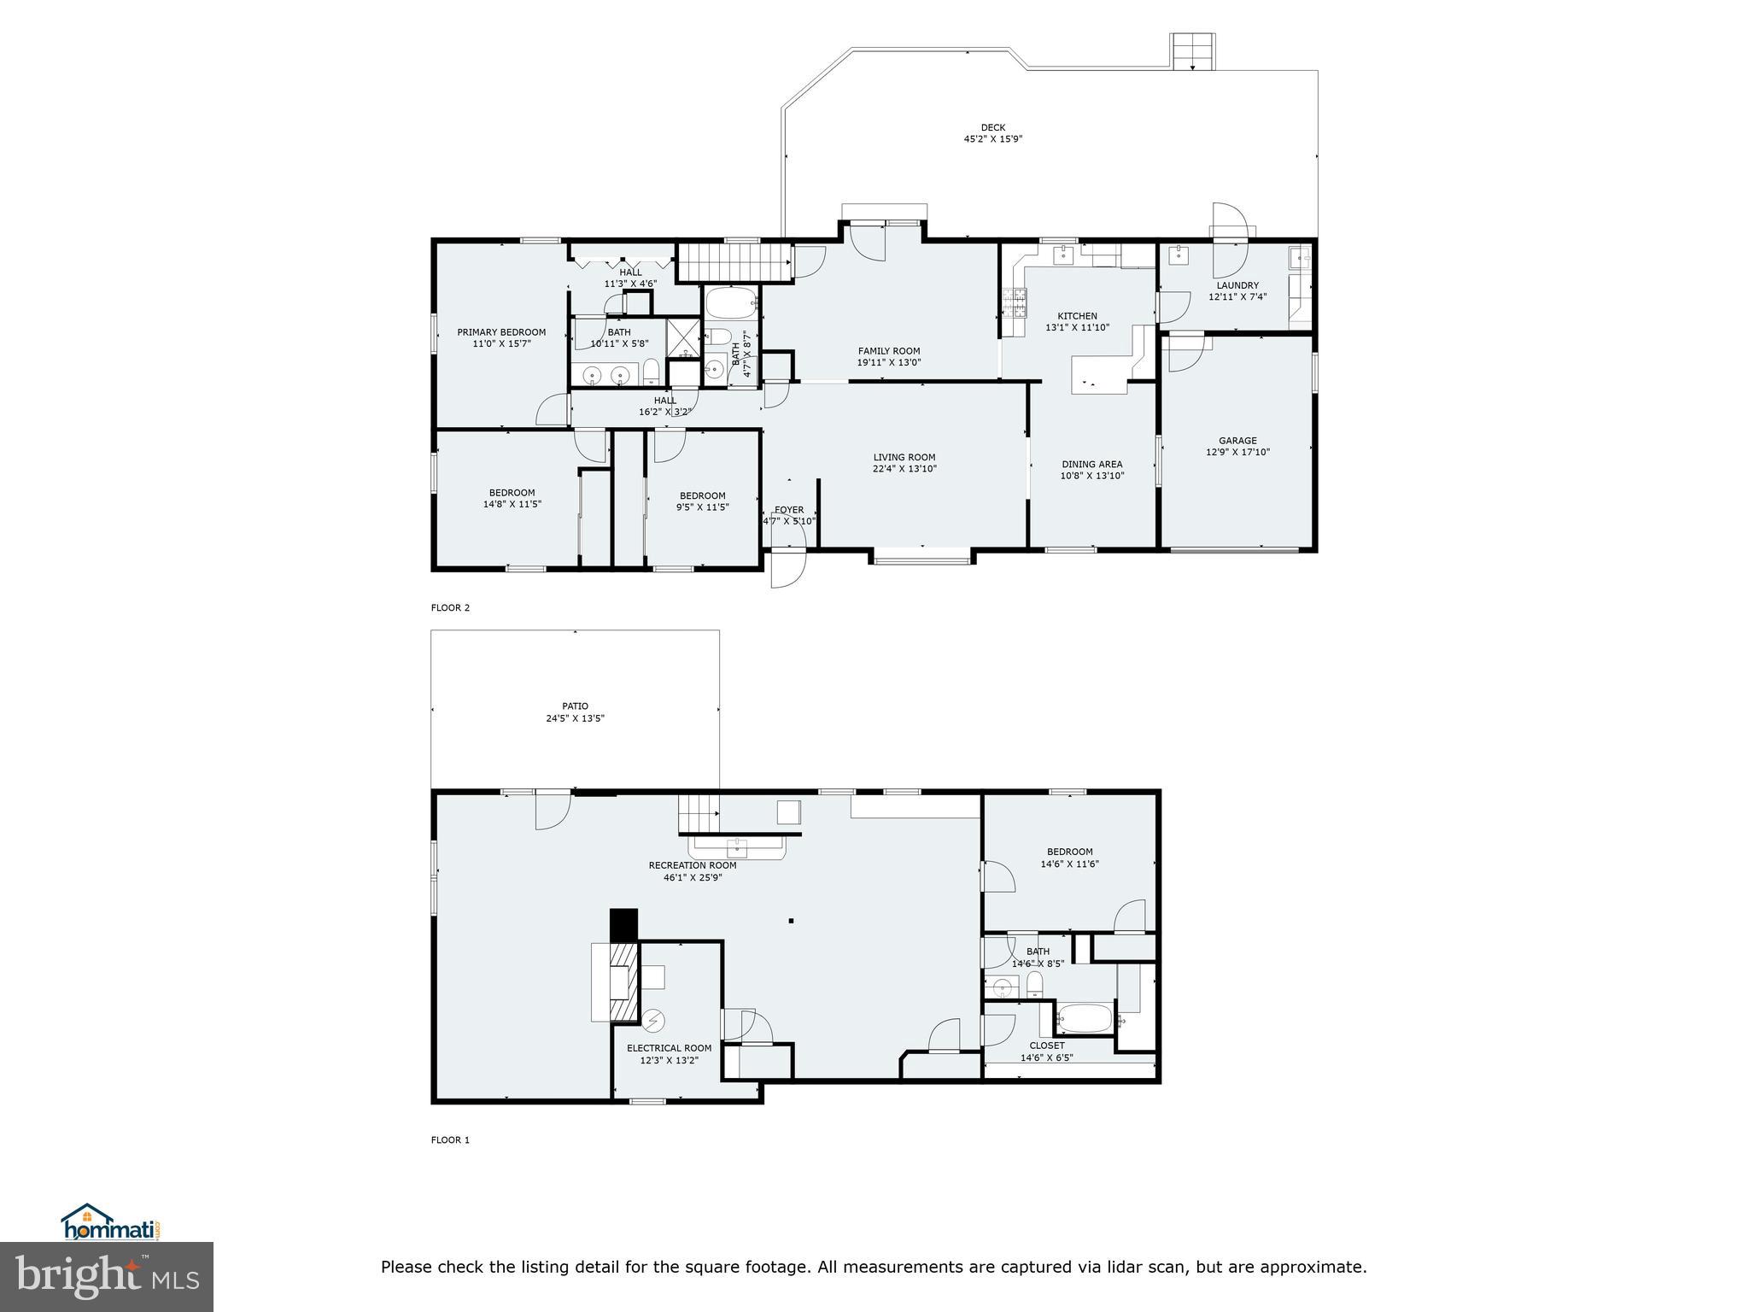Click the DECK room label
coord(992,127)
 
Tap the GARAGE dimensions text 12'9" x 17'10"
coord(1237,453)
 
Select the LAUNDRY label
coord(1237,285)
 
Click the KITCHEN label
coord(1077,316)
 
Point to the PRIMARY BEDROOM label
coord(501,332)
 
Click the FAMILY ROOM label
coord(889,351)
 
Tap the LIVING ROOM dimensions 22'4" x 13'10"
coord(904,469)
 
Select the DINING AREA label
coord(1092,465)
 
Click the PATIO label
coord(575,706)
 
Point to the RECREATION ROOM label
coord(693,865)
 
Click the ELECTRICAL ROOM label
coord(669,1048)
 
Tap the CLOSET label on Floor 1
coord(1047,1045)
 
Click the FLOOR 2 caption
coord(450,608)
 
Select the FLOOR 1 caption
coord(450,1140)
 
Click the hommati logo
coord(110,1222)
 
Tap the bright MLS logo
coord(107,1276)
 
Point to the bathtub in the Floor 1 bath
coord(1084,1018)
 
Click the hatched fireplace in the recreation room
coord(625,982)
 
